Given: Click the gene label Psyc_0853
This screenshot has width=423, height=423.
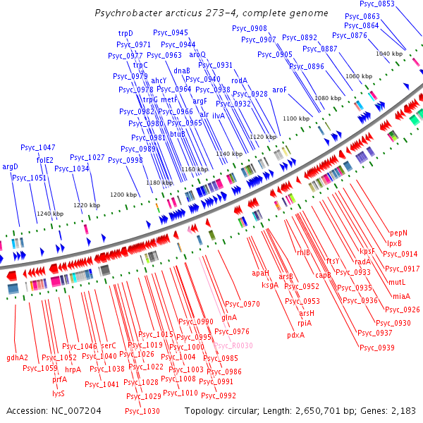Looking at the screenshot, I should (377, 4).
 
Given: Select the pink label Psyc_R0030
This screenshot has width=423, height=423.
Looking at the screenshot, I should (233, 345).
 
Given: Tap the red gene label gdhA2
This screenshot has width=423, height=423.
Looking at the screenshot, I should (17, 357).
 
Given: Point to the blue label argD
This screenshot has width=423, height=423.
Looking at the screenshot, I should (10, 167).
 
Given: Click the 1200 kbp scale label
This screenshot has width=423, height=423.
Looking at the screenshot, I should (123, 195).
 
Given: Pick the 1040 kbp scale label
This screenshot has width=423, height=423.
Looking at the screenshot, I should (388, 54).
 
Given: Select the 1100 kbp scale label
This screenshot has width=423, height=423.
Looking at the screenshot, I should (295, 118).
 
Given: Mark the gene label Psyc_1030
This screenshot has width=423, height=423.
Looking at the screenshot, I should (142, 411).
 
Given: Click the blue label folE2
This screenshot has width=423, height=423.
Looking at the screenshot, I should (45, 160).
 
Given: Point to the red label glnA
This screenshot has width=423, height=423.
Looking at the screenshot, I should (229, 318).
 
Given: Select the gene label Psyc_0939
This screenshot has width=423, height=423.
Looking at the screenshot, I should (376, 347).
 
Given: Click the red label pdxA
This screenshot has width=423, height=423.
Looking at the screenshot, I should (295, 335).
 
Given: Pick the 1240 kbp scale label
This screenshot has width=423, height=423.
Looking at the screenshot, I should (50, 214).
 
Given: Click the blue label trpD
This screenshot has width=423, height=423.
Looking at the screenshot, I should (125, 33).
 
